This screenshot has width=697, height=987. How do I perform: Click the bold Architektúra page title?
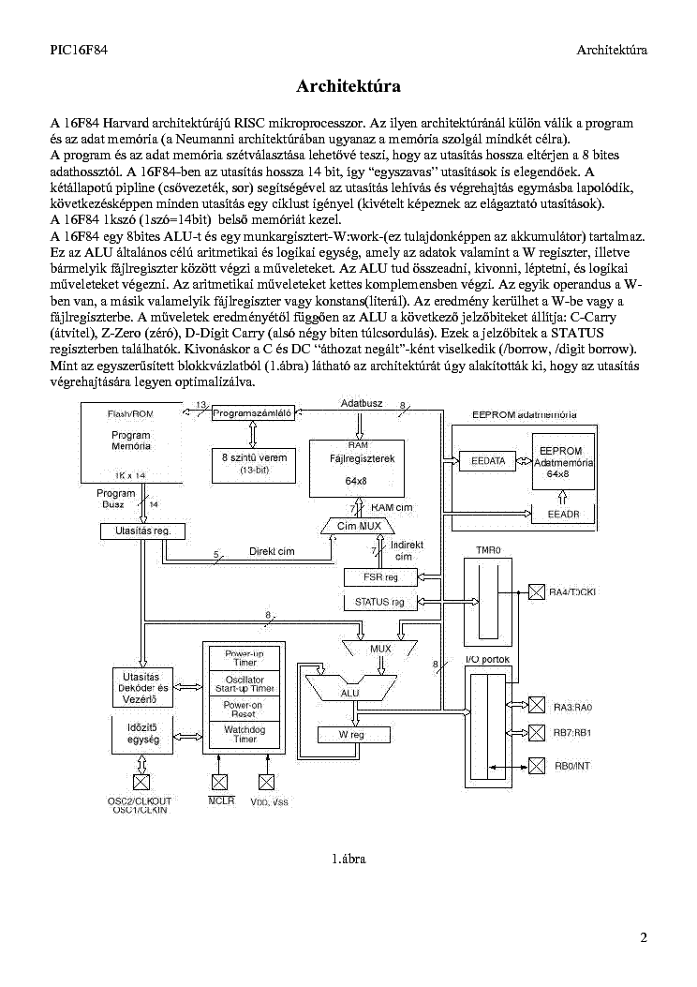pyautogui.click(x=348, y=85)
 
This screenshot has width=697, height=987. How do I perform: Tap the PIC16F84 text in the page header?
pyautogui.click(x=79, y=50)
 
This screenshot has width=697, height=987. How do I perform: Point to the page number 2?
pyautogui.click(x=644, y=938)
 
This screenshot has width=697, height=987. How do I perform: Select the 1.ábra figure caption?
pyautogui.click(x=348, y=859)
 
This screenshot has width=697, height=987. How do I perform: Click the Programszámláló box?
pyautogui.click(x=253, y=413)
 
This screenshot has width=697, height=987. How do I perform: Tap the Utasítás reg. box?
pyautogui.click(x=143, y=531)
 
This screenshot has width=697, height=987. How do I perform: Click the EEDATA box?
pyautogui.click(x=487, y=461)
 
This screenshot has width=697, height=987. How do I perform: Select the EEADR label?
pyautogui.click(x=563, y=514)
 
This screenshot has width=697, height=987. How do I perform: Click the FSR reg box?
pyautogui.click(x=380, y=576)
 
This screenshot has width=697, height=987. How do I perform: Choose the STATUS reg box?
pyautogui.click(x=380, y=603)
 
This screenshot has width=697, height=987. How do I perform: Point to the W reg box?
pyautogui.click(x=353, y=735)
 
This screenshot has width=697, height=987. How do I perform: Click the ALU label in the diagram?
pyautogui.click(x=349, y=693)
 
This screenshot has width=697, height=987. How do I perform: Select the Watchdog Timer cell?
pyautogui.click(x=245, y=735)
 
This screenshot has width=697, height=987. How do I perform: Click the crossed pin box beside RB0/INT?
pyautogui.click(x=536, y=766)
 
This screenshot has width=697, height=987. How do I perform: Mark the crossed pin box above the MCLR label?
pyautogui.click(x=219, y=781)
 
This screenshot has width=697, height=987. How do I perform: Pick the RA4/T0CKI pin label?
pyautogui.click(x=571, y=592)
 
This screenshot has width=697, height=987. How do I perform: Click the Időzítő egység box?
pyautogui.click(x=143, y=735)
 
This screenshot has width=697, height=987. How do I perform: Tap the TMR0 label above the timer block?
pyautogui.click(x=488, y=550)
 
